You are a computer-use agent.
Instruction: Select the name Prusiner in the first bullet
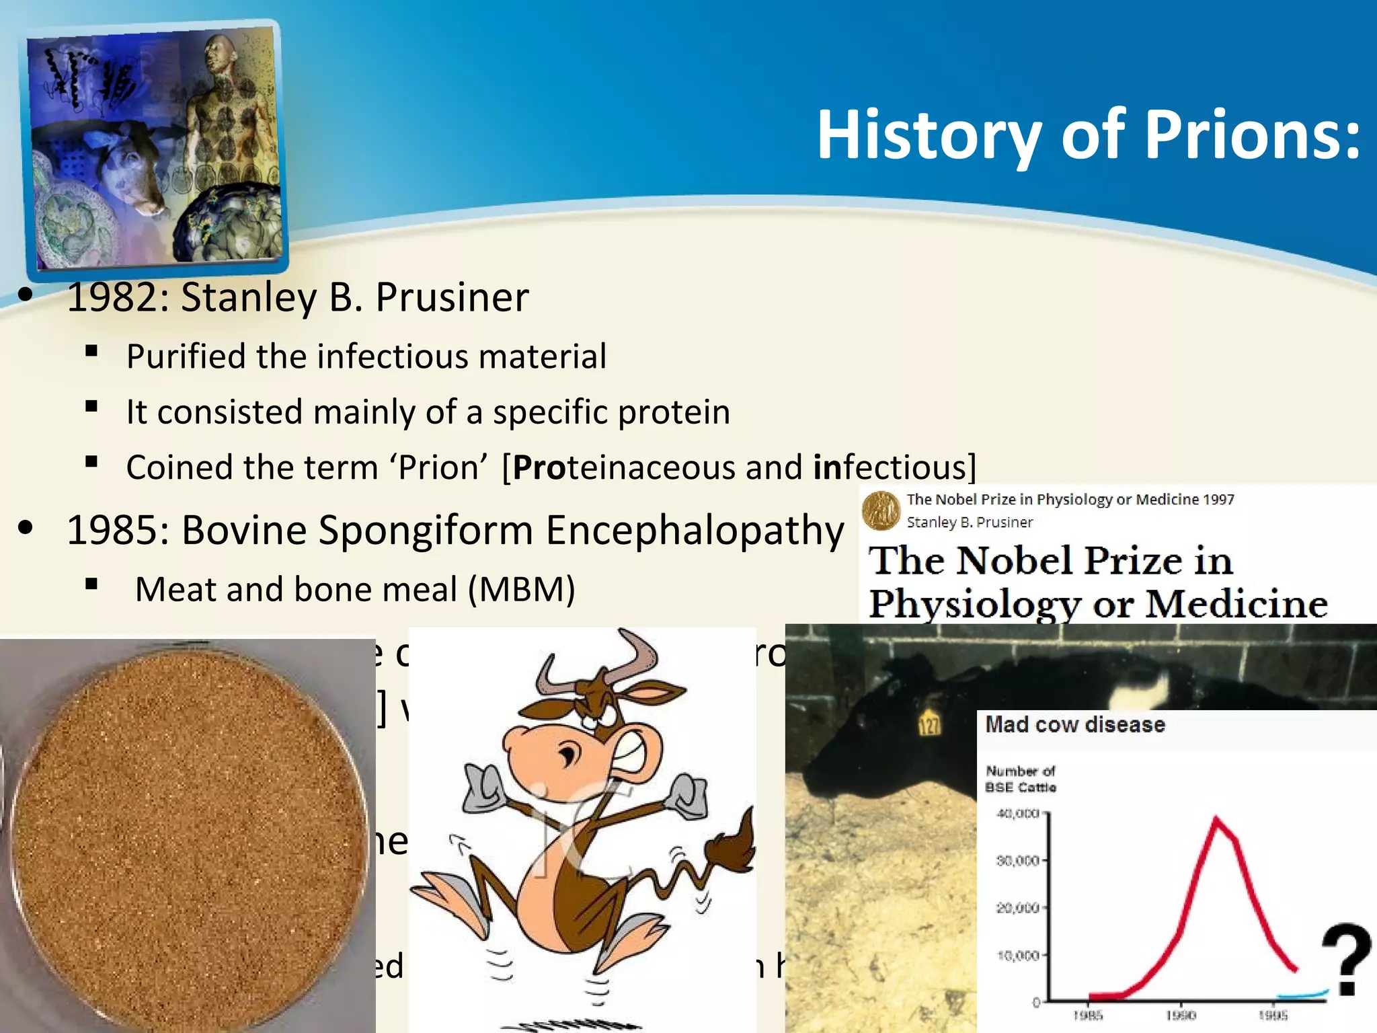452,297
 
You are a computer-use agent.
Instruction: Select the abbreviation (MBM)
521,589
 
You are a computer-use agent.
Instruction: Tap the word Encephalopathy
695,530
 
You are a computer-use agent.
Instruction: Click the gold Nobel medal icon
881,510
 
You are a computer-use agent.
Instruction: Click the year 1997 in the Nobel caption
1218,499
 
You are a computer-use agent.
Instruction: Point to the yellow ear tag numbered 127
929,724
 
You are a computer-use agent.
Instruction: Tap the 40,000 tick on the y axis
1017,814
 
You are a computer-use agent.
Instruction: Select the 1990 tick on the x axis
1181,1015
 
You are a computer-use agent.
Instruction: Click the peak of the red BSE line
1216,819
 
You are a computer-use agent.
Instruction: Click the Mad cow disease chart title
1074,724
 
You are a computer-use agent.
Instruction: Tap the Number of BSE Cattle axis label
1020,779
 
